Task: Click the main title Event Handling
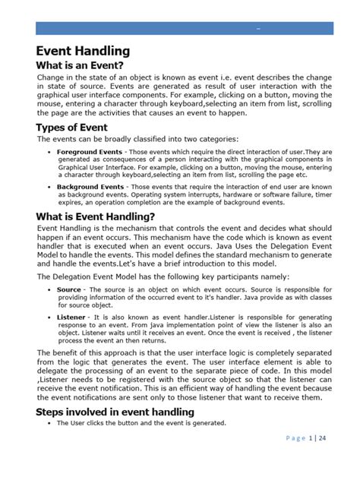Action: [84, 52]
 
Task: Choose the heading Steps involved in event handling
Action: [115, 411]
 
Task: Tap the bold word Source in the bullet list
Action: [68, 289]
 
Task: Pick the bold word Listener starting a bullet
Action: [71, 314]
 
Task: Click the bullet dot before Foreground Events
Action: [49, 153]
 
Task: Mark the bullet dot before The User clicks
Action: [49, 423]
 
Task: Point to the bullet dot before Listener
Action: [49, 314]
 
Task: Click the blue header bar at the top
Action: [185, 28]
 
